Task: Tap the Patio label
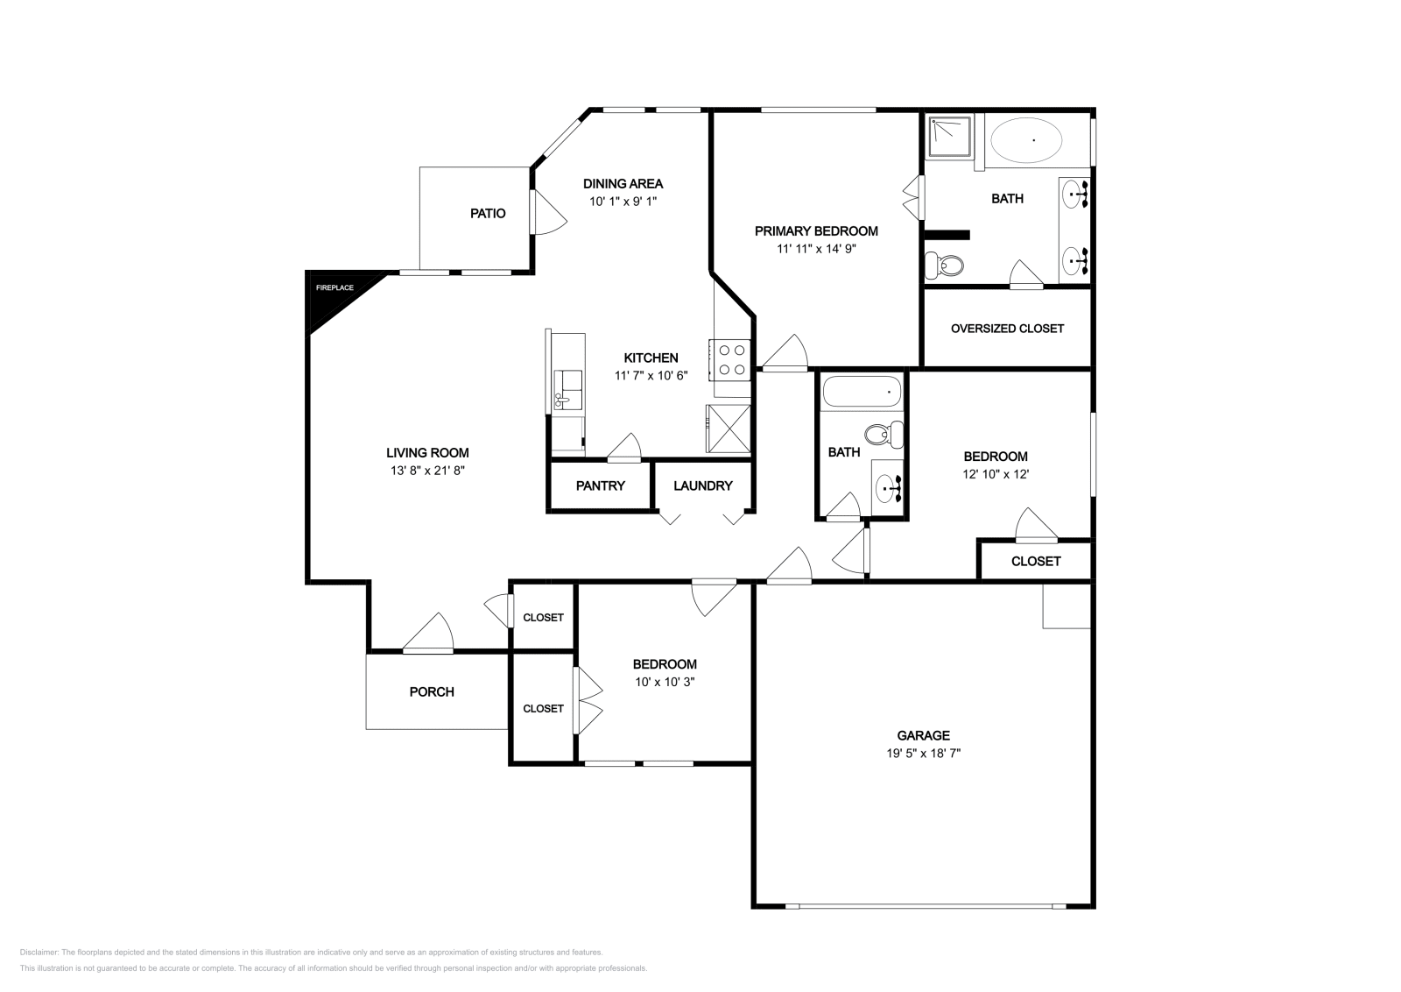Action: coord(488,213)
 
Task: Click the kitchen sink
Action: coord(568,390)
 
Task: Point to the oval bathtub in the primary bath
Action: coord(1025,140)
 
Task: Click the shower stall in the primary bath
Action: coord(949,137)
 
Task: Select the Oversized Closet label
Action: coord(1007,329)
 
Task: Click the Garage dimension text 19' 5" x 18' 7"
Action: coord(923,753)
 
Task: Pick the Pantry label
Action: coord(600,485)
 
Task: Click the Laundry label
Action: coord(702,485)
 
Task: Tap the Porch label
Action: coord(432,691)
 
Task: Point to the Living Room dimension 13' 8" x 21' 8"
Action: coord(427,471)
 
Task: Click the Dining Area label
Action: coord(623,184)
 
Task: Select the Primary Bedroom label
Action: coord(816,231)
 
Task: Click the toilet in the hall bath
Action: coord(882,433)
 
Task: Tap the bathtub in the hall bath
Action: coord(862,392)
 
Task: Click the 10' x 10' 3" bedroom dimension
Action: coord(665,682)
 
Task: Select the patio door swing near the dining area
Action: coord(547,213)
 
